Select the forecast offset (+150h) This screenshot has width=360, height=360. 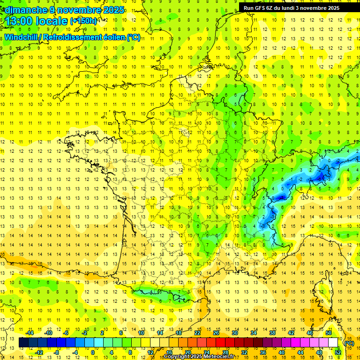coord(83,21)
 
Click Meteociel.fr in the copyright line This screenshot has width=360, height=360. coord(215,357)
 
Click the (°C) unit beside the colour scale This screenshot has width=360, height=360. coord(349,343)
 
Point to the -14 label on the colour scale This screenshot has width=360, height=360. coord(30,333)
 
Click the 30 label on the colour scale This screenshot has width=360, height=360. coord(234,333)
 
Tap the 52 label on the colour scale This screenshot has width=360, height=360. coord(337,352)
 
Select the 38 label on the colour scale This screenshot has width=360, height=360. coord(272,333)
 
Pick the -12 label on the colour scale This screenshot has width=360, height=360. coord(39,352)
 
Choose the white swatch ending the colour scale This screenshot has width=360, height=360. coord(333,343)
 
